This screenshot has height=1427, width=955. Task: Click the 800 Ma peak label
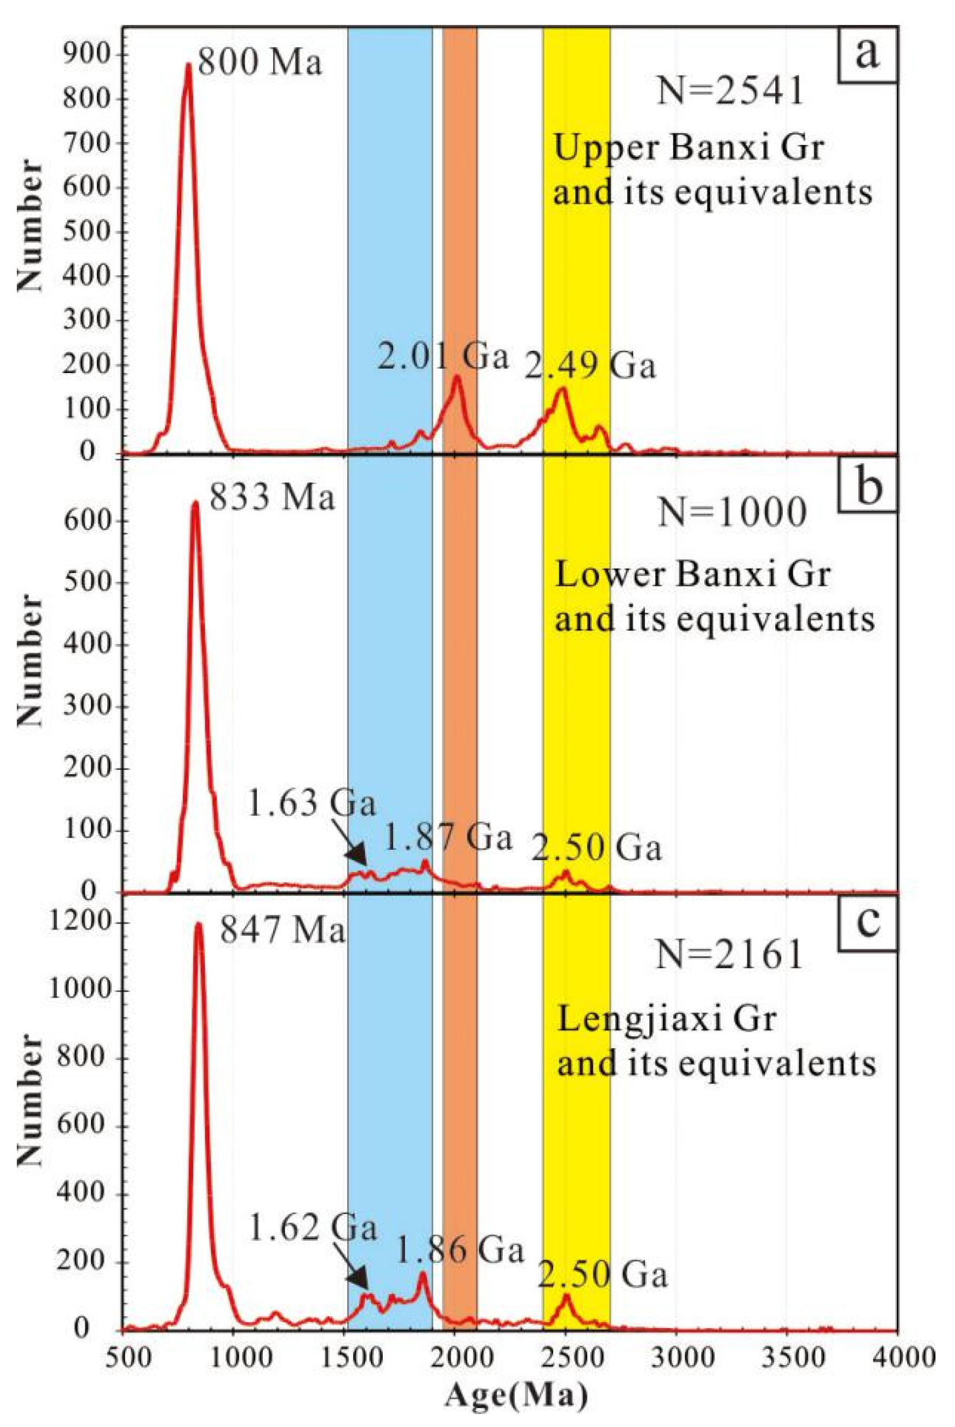click(260, 63)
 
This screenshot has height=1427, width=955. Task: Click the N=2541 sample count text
click(730, 93)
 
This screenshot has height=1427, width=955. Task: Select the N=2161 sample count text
click(729, 955)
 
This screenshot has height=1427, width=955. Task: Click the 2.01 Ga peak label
click(443, 357)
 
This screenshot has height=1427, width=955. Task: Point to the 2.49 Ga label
click(590, 367)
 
